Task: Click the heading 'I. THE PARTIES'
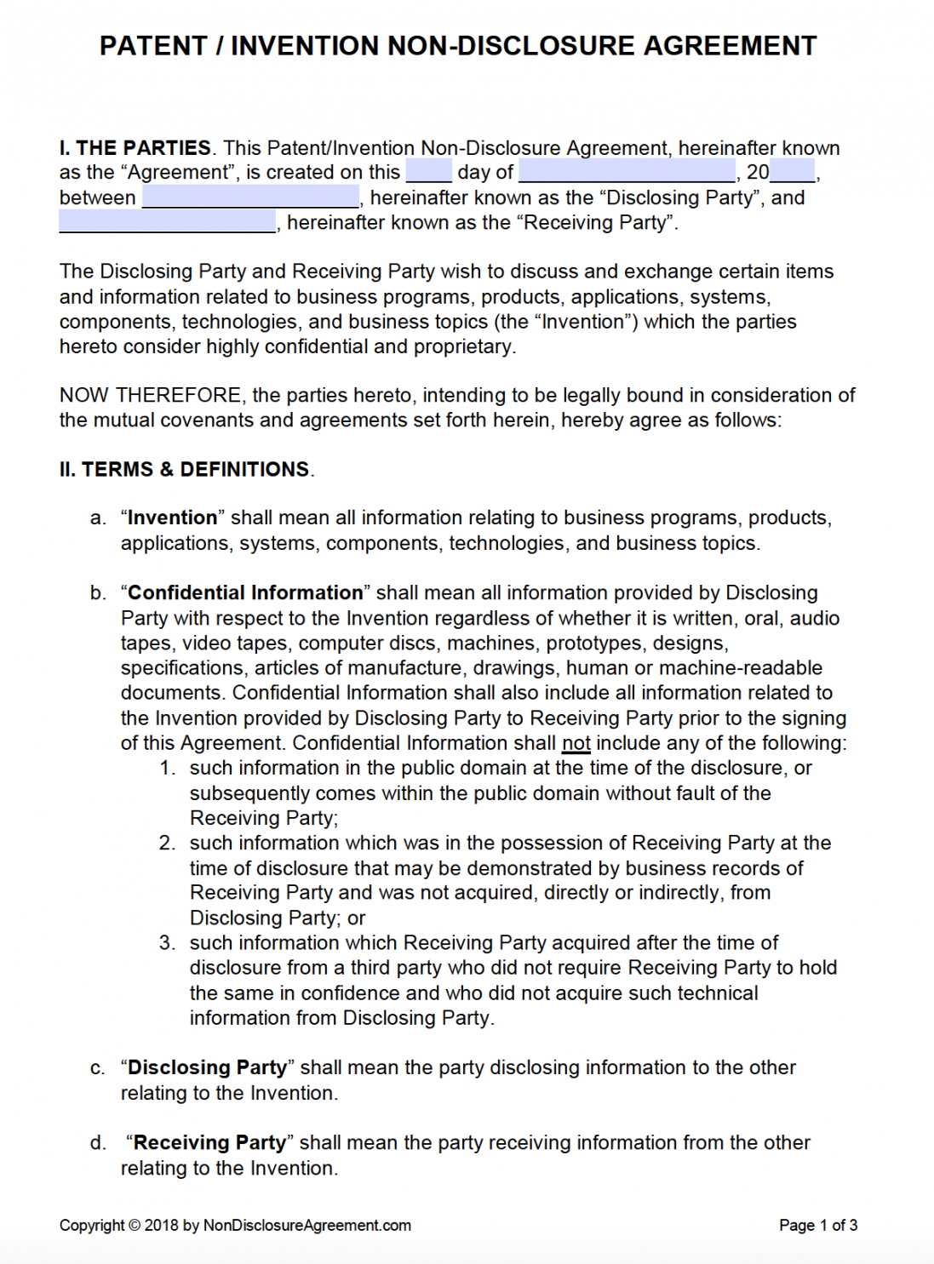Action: (x=135, y=148)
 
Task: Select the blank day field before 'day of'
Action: (x=428, y=172)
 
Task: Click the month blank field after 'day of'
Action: (x=627, y=172)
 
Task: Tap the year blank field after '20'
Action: (x=793, y=172)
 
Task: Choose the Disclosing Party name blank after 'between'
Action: (x=250, y=197)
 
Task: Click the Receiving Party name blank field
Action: (x=167, y=223)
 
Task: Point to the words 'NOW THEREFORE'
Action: (x=151, y=396)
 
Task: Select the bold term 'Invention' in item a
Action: (x=172, y=518)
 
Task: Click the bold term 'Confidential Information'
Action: (x=245, y=593)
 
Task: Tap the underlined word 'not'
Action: (x=576, y=744)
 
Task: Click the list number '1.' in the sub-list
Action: (x=168, y=769)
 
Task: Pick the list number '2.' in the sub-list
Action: (x=167, y=844)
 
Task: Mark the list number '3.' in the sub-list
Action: (x=167, y=943)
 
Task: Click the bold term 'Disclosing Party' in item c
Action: (x=207, y=1068)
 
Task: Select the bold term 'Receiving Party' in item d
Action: (x=209, y=1143)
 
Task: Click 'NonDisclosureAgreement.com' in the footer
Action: (x=307, y=1226)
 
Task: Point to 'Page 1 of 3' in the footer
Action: (x=817, y=1226)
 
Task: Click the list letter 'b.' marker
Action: (x=98, y=593)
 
